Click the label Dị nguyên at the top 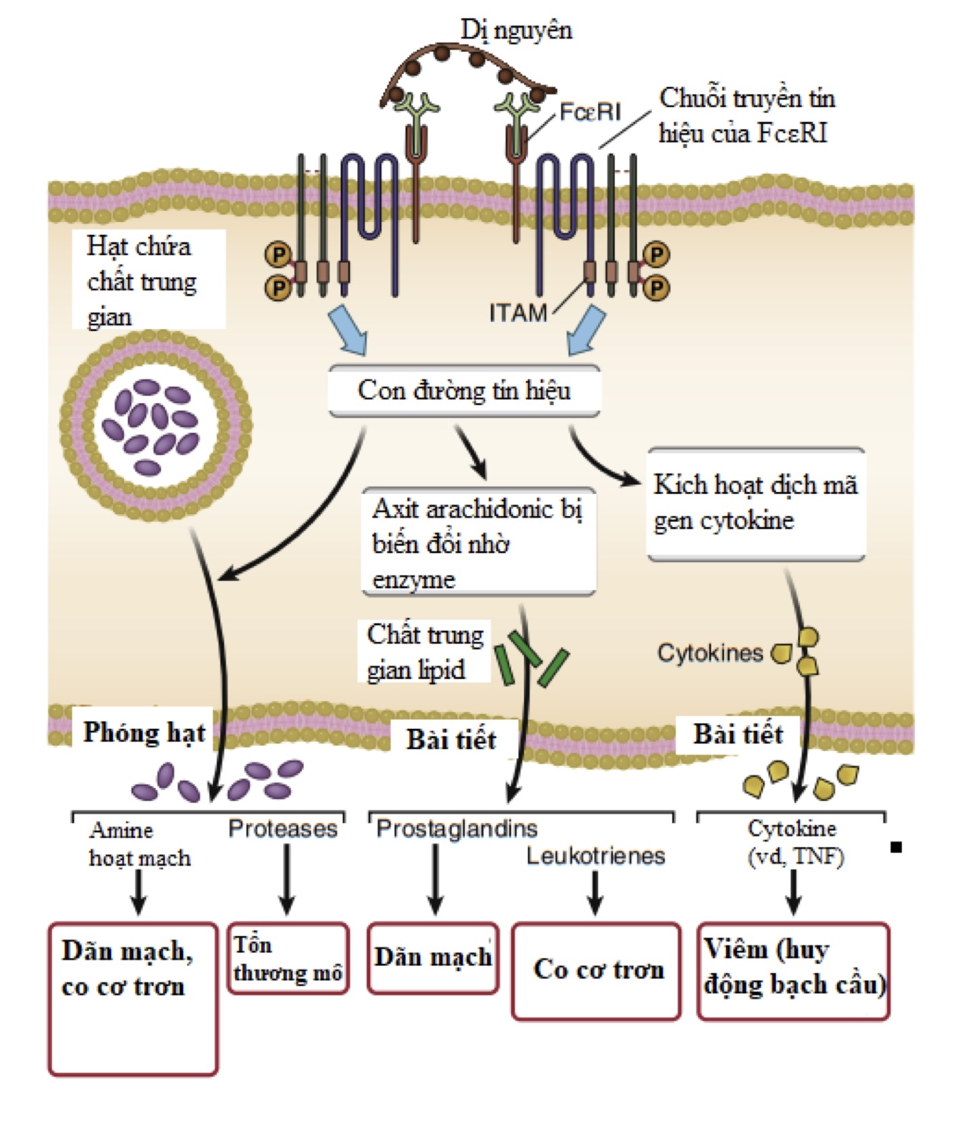(516, 30)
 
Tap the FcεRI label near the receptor (590, 112)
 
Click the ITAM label (518, 313)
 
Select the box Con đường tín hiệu (464, 391)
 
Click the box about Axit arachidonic (478, 542)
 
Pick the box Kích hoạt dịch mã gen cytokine (755, 503)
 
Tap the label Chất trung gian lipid (424, 651)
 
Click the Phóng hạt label (143, 733)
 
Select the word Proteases (283, 828)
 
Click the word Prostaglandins (457, 828)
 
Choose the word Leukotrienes (595, 856)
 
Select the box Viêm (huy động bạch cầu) (793, 970)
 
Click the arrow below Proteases (287, 878)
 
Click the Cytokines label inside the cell (710, 653)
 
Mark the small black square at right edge (896, 847)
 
